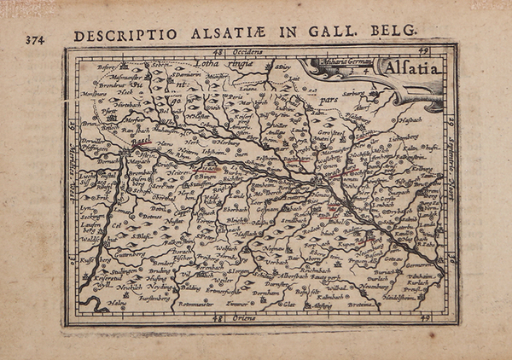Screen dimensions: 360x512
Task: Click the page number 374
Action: coord(36,38)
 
